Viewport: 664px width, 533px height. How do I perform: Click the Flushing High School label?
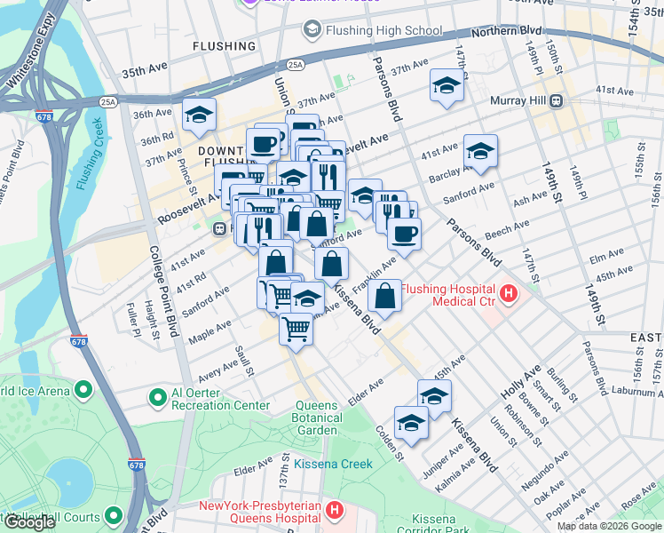point(383,30)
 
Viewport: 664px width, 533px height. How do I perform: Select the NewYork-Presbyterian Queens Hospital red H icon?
point(334,511)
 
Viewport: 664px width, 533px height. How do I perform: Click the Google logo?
point(28,522)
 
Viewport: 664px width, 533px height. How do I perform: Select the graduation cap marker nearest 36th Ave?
point(200,115)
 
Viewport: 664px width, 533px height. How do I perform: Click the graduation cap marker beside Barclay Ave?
point(480,151)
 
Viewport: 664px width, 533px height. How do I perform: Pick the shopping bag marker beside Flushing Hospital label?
point(384,297)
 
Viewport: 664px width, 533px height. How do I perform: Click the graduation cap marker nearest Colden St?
point(412,424)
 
